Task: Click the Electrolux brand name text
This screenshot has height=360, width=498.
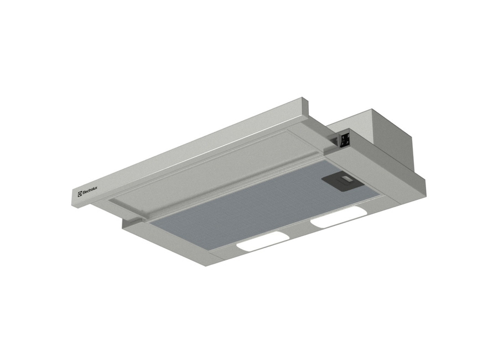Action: pos(90,191)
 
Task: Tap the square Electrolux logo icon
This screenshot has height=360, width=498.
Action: pos(80,194)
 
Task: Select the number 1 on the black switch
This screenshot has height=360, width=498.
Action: pos(343,137)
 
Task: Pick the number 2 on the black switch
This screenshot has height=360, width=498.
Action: pos(348,136)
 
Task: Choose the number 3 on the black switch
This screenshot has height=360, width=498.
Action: pos(348,143)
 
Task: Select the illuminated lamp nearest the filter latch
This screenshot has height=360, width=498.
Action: pos(338,217)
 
